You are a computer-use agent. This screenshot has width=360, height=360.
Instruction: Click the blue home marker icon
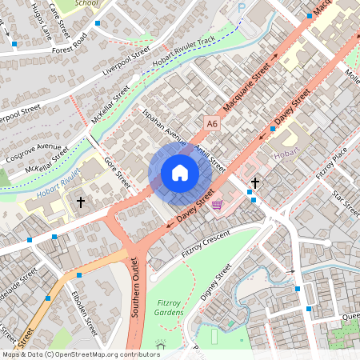click(x=179, y=173)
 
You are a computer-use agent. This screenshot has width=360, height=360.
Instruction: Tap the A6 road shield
click(x=211, y=124)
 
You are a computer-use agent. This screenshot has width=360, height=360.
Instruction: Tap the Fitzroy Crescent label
click(x=206, y=243)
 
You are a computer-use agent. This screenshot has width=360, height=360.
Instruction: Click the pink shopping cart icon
click(x=218, y=205)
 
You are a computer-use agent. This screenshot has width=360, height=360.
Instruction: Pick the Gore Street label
click(x=118, y=172)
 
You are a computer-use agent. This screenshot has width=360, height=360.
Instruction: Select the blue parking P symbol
click(x=242, y=7)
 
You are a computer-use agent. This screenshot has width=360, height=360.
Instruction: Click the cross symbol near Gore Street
click(x=81, y=202)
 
